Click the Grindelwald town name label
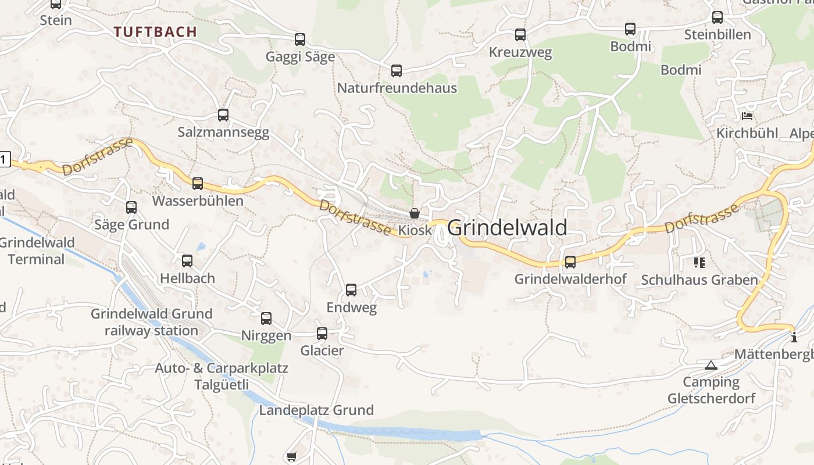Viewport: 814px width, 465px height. pos(507,227)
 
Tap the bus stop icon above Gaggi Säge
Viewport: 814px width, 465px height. pos(300,40)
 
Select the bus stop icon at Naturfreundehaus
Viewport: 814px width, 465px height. pos(397,71)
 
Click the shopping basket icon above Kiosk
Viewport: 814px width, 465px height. pos(415,213)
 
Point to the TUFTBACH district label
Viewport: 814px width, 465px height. pos(155,32)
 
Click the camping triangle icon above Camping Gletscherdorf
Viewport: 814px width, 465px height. pos(711,365)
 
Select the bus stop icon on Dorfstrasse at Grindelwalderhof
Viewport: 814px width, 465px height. pos(570,262)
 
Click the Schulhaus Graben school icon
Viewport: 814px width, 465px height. pos(699,263)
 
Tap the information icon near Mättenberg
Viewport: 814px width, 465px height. pos(794,337)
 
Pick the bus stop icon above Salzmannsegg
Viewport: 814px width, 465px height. pos(223,115)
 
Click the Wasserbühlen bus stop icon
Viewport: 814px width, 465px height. pos(198,184)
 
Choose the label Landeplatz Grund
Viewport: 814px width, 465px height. pos(316,410)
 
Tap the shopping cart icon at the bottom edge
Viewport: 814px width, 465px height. pos(292,457)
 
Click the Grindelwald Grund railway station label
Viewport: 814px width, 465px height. pos(151,322)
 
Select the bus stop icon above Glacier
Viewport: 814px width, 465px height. pos(322,334)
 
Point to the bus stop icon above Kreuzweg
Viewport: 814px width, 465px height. pos(520,35)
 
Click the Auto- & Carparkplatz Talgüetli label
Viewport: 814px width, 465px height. pos(222,376)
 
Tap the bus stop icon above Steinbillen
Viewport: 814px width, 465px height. pos(717,17)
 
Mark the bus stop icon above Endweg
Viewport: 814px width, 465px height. pos(351,290)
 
